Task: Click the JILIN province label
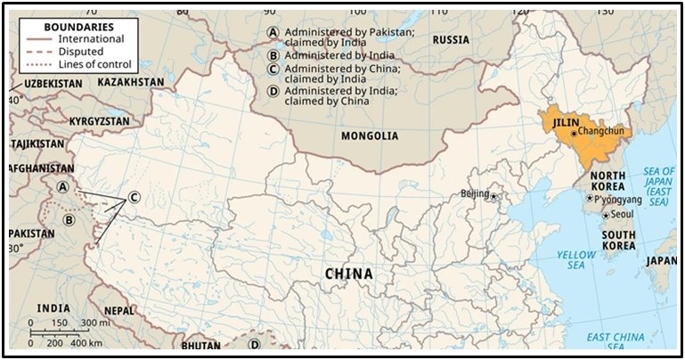tap(566, 120)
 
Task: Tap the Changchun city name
tap(604, 131)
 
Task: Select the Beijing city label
tap(475, 193)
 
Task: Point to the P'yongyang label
tap(616, 199)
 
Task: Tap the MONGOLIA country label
tap(370, 136)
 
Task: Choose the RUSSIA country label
tap(451, 40)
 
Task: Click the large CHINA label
tap(348, 274)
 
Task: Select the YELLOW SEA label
tap(576, 261)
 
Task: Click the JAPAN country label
tap(661, 261)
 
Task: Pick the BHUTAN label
tap(200, 345)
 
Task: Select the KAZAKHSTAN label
tap(131, 82)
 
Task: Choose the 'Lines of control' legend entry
tap(94, 64)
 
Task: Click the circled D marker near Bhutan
tap(254, 344)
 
